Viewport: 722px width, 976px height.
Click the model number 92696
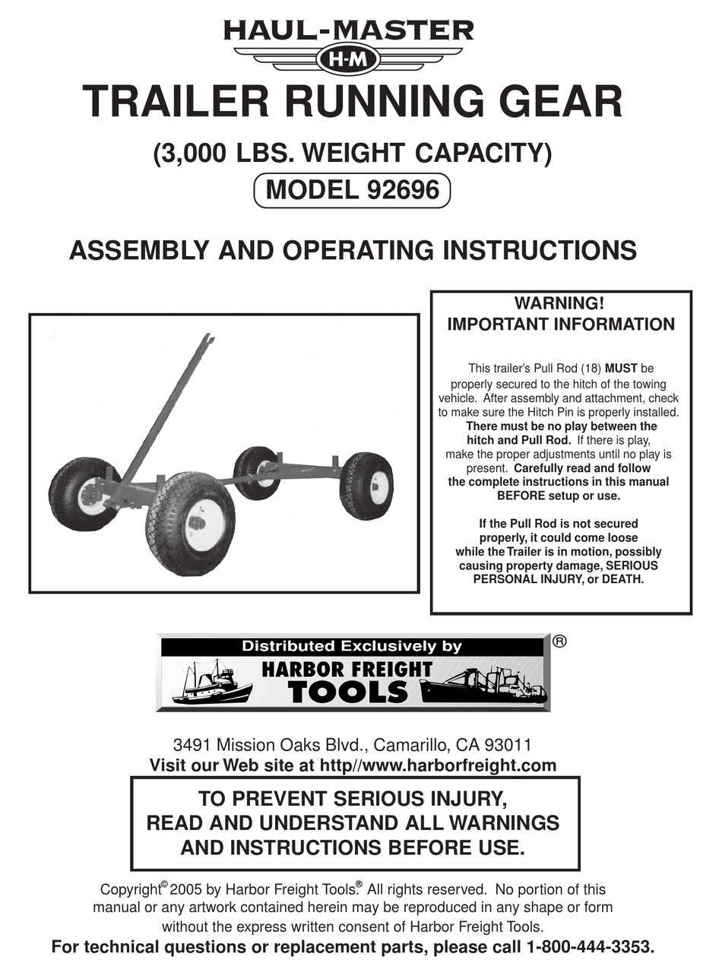pos(403,189)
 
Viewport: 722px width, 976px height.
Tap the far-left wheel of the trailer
pos(83,494)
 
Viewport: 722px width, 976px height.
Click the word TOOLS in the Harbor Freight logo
pos(349,692)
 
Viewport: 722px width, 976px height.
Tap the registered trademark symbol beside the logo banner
pos(560,641)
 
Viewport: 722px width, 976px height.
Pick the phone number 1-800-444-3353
pos(589,947)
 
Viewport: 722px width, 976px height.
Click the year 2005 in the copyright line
pos(187,889)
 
